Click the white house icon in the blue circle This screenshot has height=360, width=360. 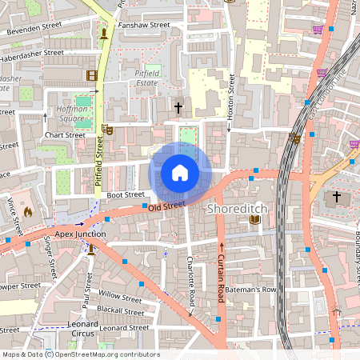(180, 173)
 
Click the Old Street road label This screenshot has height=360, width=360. (166, 206)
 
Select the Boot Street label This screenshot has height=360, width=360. (126, 194)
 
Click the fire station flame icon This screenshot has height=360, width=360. (29, 213)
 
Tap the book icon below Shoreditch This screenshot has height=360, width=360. (255, 220)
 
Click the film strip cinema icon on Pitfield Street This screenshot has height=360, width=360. (92, 75)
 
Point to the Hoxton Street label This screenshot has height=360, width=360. (230, 96)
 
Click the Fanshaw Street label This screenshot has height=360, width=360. (144, 26)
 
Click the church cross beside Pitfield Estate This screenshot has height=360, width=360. (178, 107)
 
